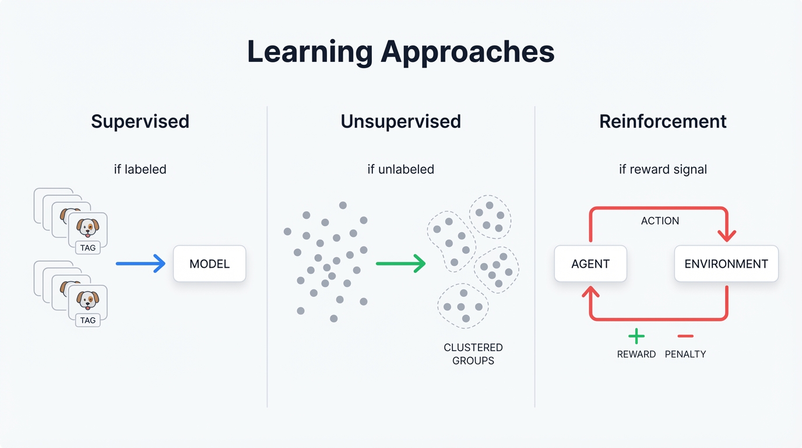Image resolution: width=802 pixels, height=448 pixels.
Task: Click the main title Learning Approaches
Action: (400, 52)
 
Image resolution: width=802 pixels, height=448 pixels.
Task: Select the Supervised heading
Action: (140, 121)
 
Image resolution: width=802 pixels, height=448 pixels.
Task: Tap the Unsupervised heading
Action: (400, 121)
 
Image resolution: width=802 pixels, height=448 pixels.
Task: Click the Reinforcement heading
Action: (663, 121)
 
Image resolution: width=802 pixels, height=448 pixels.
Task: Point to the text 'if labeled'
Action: (140, 169)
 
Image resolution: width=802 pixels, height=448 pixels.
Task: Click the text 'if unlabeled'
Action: (400, 169)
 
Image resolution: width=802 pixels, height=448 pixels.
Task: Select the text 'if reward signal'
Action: (663, 169)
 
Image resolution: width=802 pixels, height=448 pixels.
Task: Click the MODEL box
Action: (209, 264)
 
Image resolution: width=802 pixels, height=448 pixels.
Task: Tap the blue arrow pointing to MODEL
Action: (140, 264)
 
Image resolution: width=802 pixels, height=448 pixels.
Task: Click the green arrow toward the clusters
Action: (400, 264)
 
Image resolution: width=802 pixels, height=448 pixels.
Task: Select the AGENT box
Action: (590, 264)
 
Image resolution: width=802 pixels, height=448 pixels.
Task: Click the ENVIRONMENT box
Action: (726, 264)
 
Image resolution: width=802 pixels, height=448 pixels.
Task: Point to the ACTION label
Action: (660, 221)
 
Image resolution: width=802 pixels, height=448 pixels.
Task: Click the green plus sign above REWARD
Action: (636, 336)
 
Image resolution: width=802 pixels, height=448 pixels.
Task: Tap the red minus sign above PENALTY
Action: (685, 336)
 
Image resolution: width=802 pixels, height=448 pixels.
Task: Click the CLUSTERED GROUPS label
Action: (473, 354)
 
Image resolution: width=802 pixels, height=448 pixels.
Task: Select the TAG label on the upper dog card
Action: (88, 247)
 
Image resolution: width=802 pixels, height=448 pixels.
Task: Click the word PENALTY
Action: (685, 354)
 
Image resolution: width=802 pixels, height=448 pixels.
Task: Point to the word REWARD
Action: (636, 354)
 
